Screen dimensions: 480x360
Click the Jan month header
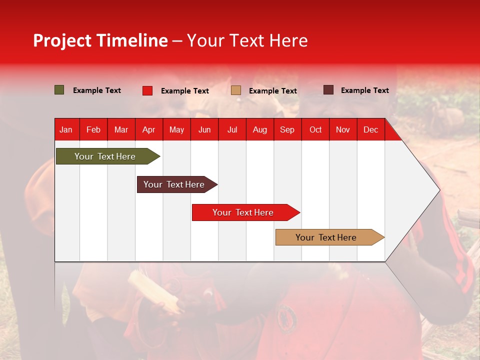(66, 130)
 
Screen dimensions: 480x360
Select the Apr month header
(149, 130)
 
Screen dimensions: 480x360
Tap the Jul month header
(232, 130)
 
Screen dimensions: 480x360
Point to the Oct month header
(315, 130)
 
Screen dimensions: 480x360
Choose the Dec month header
(370, 130)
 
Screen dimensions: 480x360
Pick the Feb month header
(93, 130)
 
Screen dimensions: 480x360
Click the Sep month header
(287, 130)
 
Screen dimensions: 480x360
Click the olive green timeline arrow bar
(108, 156)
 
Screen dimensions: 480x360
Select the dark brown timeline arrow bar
(177, 184)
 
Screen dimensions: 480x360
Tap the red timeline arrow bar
(246, 212)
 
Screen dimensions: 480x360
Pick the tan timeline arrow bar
(330, 237)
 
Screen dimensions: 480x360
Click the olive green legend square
(59, 90)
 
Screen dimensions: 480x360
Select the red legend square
(147, 90)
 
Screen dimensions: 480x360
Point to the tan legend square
(235, 90)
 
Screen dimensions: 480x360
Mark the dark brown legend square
(328, 90)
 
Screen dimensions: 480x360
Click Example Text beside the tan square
(273, 91)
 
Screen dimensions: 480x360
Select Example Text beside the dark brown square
(365, 90)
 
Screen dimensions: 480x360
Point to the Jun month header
(204, 130)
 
